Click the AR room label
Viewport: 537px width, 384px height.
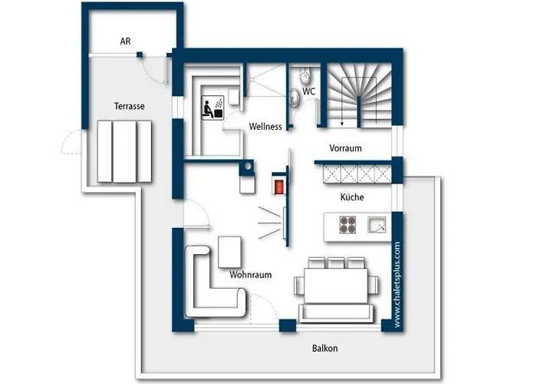tap(125, 41)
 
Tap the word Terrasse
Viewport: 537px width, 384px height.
tap(129, 106)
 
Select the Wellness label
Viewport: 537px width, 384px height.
tap(265, 127)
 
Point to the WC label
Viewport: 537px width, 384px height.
tap(308, 91)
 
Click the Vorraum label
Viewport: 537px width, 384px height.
tap(345, 148)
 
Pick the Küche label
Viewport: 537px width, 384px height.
tap(352, 197)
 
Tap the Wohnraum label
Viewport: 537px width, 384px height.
tap(251, 275)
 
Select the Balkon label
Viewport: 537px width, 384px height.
tap(325, 349)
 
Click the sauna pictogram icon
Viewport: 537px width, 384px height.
tap(212, 108)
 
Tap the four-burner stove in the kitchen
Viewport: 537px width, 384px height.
tap(348, 225)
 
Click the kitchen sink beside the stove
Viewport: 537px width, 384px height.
tap(377, 224)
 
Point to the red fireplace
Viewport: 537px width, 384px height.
tap(279, 187)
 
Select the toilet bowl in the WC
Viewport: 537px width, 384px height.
tap(305, 75)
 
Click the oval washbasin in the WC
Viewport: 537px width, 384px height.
tap(294, 97)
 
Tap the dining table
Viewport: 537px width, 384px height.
tap(336, 286)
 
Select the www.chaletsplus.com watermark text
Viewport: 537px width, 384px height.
tap(397, 285)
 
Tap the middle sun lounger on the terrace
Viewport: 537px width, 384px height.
tap(124, 151)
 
